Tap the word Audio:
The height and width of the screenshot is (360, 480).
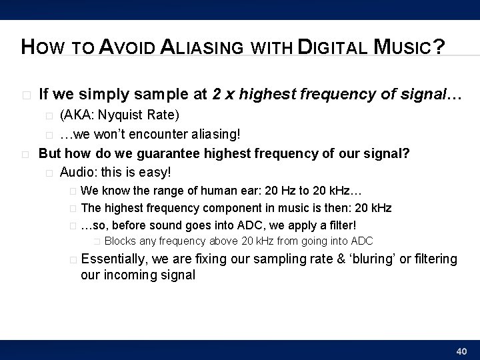tap(79, 172)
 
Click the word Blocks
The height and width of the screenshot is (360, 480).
tap(121, 241)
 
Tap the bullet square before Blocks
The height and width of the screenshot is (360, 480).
tap(97, 241)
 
